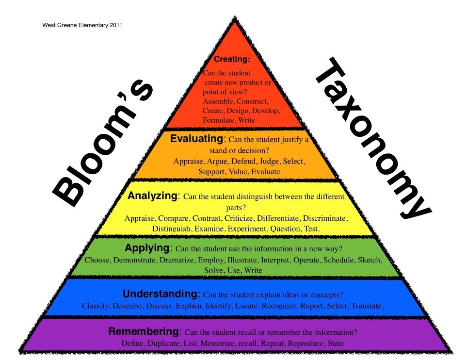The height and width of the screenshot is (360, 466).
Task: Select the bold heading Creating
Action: [232, 60]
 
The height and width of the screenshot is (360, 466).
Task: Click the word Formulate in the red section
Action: [218, 120]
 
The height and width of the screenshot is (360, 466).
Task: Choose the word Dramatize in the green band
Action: [177, 260]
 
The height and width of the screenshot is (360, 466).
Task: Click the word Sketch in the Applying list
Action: [369, 260]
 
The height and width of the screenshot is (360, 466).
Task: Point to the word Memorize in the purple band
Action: [216, 344]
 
